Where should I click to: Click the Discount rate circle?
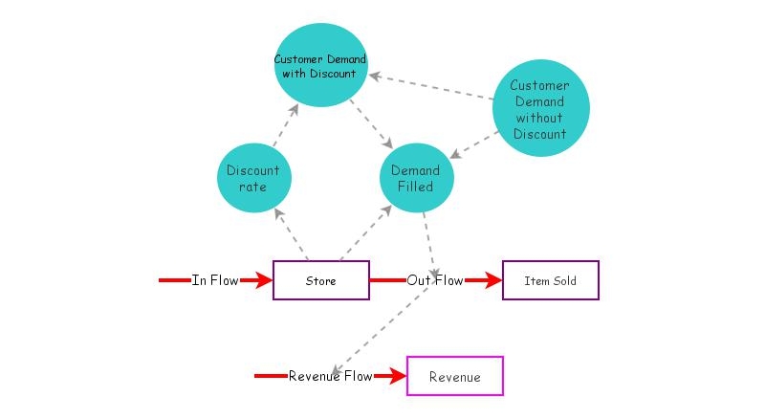click(x=254, y=178)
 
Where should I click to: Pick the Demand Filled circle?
click(x=417, y=178)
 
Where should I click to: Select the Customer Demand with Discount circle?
click(x=320, y=65)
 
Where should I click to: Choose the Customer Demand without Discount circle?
click(x=541, y=108)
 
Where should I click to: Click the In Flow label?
click(x=214, y=280)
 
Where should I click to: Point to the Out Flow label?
click(x=435, y=280)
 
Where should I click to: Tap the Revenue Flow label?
click(x=330, y=376)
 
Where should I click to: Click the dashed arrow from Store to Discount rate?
click(x=291, y=234)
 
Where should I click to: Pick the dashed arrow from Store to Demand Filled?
click(x=366, y=233)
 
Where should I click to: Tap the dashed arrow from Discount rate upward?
click(x=286, y=125)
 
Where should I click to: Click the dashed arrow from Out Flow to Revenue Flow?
click(x=380, y=331)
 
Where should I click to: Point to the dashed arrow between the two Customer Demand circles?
click(x=431, y=87)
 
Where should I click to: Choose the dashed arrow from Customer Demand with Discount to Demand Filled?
click(x=371, y=124)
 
